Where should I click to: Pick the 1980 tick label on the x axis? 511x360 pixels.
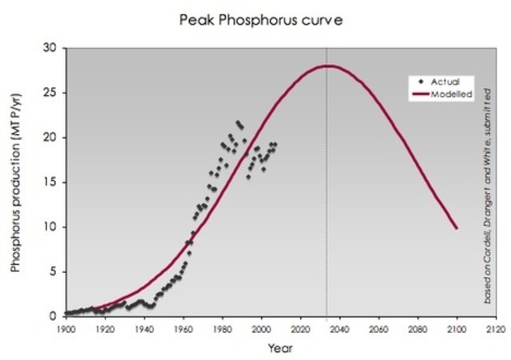click(x=221, y=327)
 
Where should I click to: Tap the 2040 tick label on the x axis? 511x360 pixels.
click(x=339, y=327)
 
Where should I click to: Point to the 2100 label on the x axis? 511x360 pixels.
click(x=456, y=327)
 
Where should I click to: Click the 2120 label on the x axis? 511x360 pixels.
click(x=495, y=327)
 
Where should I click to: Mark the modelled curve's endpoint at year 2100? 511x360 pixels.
click(x=456, y=228)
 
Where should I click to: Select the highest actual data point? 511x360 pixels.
click(x=237, y=122)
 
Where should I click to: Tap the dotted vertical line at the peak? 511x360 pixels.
click(x=327, y=200)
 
